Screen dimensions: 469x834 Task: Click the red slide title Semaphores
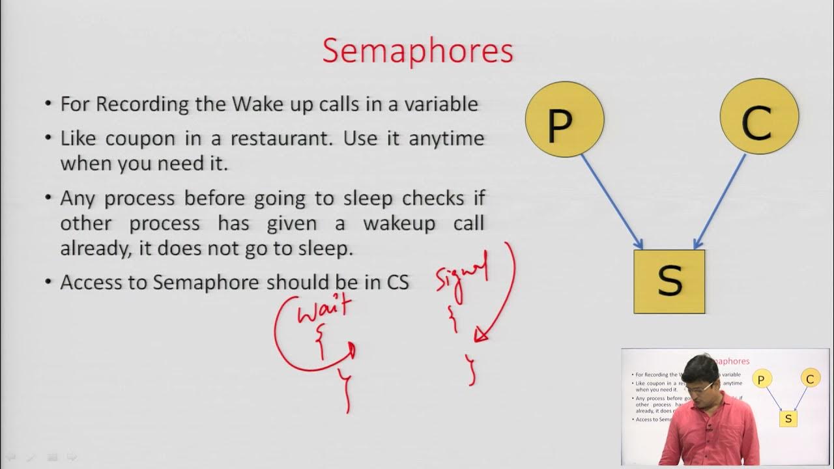pos(418,51)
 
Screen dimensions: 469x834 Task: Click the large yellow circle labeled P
pos(564,119)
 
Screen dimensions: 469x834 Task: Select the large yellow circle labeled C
pos(759,117)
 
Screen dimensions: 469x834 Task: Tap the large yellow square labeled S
pos(669,281)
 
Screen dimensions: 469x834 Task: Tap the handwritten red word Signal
pos(461,274)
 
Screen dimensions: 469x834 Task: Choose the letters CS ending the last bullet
pos(397,282)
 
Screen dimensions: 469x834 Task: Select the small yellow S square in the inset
pos(788,418)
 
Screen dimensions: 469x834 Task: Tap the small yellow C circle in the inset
pos(809,378)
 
